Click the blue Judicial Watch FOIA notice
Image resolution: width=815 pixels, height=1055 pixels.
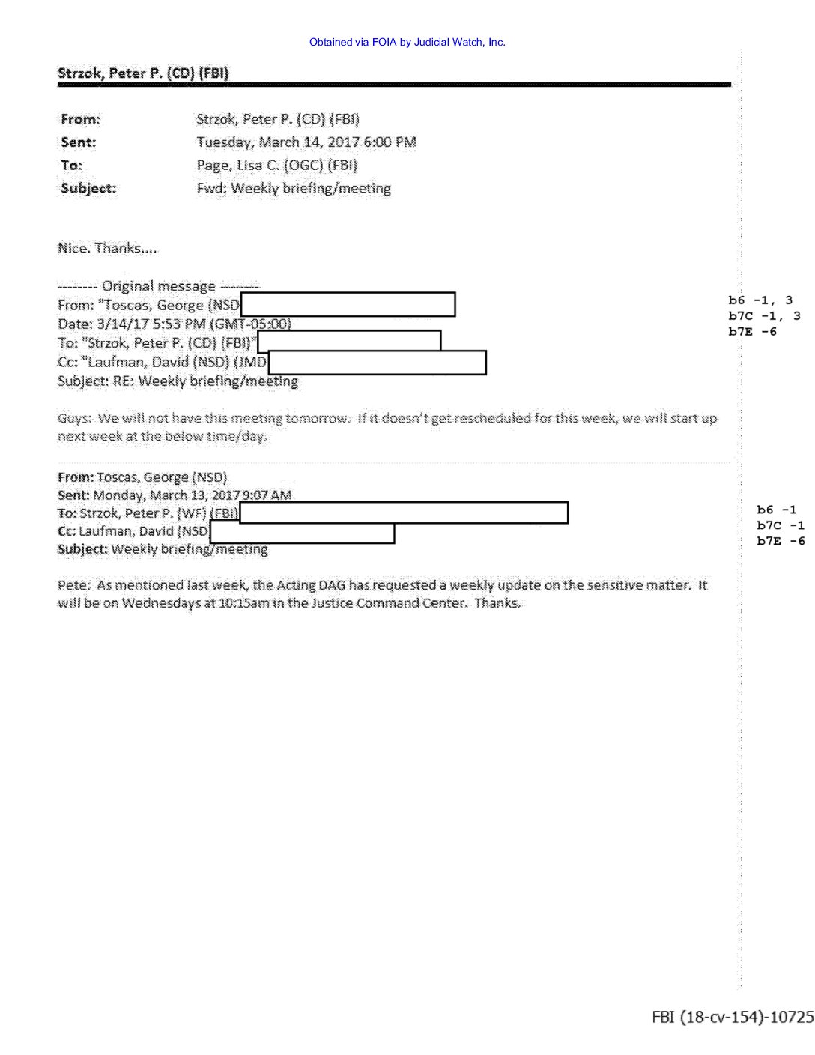407,43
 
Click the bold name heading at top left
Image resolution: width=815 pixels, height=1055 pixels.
143,73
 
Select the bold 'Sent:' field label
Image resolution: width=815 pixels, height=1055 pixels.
79,142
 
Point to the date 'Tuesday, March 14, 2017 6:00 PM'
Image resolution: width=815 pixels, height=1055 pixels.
306,142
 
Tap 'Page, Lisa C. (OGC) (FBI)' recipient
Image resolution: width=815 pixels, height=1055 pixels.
276,166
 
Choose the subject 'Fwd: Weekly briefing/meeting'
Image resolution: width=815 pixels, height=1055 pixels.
294,189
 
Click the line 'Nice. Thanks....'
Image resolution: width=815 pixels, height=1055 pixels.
107,249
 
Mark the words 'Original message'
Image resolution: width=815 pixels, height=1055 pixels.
159,286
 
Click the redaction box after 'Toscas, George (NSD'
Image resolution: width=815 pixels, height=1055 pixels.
348,305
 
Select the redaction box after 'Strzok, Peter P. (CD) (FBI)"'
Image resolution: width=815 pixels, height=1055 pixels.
349,342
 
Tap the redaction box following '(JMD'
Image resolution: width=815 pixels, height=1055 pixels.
377,363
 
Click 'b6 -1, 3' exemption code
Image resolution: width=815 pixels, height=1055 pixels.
760,300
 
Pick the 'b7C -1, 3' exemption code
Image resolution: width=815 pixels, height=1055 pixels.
763,316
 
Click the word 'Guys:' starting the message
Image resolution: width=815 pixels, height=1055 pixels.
74,418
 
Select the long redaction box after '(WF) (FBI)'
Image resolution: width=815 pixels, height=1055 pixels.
404,513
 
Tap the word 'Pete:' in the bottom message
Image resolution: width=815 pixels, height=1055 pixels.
73,585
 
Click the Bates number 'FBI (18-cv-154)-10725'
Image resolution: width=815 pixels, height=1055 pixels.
732,1018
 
